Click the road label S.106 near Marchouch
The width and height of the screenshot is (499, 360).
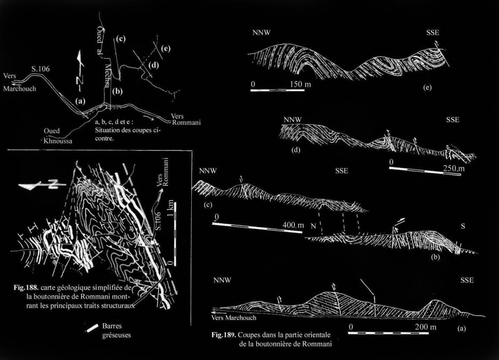[x=41, y=69]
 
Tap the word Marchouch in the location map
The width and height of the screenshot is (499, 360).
[x=20, y=89]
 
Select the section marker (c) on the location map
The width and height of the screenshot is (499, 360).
[x=121, y=39]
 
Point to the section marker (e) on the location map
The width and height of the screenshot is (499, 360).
[x=166, y=49]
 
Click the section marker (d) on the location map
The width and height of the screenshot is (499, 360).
[x=154, y=65]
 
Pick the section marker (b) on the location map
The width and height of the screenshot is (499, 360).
[x=118, y=91]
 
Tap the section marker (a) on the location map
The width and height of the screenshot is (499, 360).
[x=80, y=101]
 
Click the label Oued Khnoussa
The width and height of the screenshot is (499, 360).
[x=58, y=136]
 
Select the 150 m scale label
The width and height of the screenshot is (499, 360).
[x=300, y=84]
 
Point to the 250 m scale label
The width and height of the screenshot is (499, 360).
[x=454, y=168]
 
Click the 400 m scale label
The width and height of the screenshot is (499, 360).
[x=293, y=225]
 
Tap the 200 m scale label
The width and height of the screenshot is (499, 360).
[x=426, y=327]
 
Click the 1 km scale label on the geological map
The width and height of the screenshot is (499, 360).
[x=170, y=208]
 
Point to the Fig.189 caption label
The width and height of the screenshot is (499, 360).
[x=223, y=335]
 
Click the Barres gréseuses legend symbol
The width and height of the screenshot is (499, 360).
[x=92, y=328]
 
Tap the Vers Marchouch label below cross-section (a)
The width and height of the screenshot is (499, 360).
[x=234, y=318]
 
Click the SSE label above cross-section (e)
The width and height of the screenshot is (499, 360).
[x=433, y=32]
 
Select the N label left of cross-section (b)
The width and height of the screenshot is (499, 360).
[x=314, y=226]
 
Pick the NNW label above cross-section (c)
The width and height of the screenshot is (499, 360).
[x=208, y=171]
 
